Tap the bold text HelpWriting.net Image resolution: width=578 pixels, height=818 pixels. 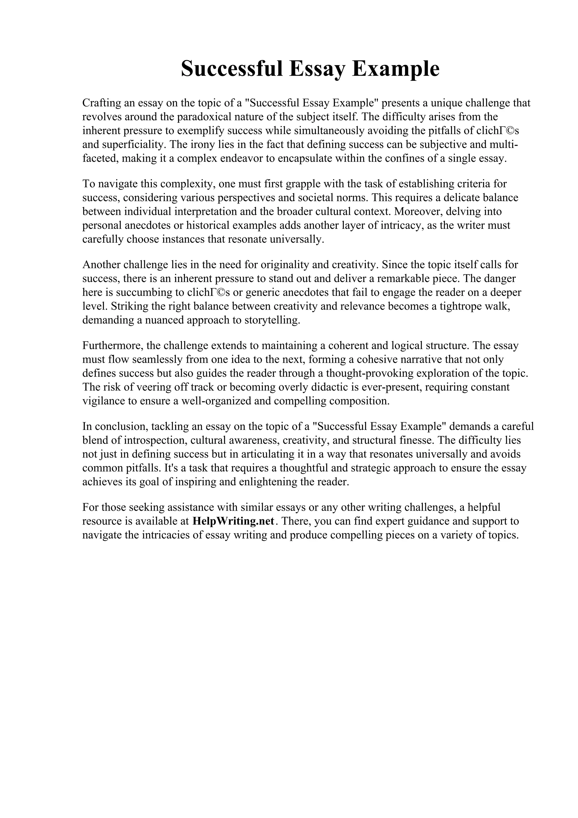pos(233,521)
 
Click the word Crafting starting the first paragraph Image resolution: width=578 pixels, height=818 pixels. pos(101,103)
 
